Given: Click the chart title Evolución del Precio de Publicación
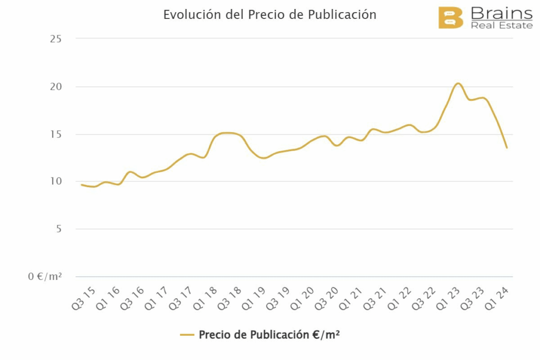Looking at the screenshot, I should coord(269,15).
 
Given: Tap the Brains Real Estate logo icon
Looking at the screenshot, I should coord(450,18).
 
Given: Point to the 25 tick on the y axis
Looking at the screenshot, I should coord(55,38).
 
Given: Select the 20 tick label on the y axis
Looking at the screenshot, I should coord(55,86).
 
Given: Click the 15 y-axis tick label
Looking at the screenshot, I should coord(55,134).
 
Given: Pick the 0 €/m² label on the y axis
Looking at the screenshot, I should coord(45,276).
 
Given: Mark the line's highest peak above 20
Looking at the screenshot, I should coord(458,83).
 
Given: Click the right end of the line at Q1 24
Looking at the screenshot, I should coord(507,148).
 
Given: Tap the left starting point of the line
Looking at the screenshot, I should coord(81,184).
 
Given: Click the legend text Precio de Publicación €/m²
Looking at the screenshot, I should coord(269,335).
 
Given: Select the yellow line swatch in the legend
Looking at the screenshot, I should coord(187,335).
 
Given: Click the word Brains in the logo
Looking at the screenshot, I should coord(501,13).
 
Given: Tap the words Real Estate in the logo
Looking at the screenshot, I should coord(501,25).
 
